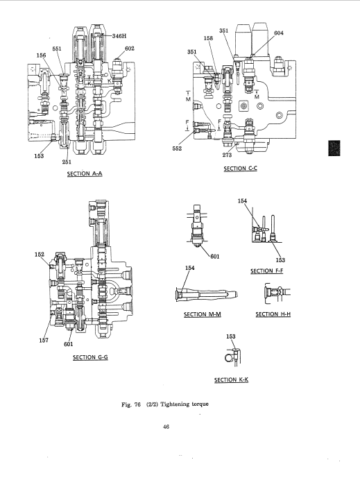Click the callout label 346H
point(119,36)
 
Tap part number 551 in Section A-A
point(57,49)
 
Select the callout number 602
point(130,48)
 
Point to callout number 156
point(42,55)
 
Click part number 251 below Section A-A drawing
point(67,162)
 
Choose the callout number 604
point(279,33)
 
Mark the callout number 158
point(208,38)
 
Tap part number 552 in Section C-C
point(177,148)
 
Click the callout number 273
point(227,155)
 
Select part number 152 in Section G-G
point(40,255)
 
